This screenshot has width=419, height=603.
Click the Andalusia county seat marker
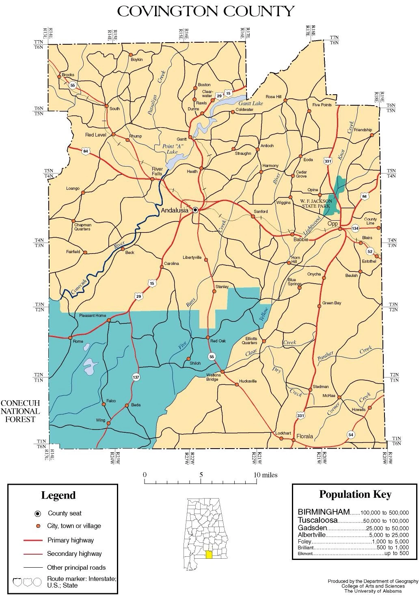tap(195, 210)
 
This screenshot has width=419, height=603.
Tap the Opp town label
tap(333, 224)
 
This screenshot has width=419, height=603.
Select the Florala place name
tap(305, 436)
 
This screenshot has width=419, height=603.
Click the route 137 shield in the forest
tap(136, 377)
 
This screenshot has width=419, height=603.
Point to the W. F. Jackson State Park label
tap(316, 203)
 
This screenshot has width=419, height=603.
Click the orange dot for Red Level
tap(114, 134)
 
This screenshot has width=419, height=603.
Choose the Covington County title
tap(205, 11)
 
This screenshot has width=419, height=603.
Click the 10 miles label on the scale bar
tap(266, 475)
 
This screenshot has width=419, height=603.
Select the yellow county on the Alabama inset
tap(209, 555)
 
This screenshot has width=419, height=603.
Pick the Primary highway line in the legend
tap(33, 540)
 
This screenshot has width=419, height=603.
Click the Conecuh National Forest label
tap(20, 411)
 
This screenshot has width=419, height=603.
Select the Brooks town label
tap(68, 75)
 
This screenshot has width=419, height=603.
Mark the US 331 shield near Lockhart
tap(300, 415)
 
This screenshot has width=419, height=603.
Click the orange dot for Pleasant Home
tap(109, 321)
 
